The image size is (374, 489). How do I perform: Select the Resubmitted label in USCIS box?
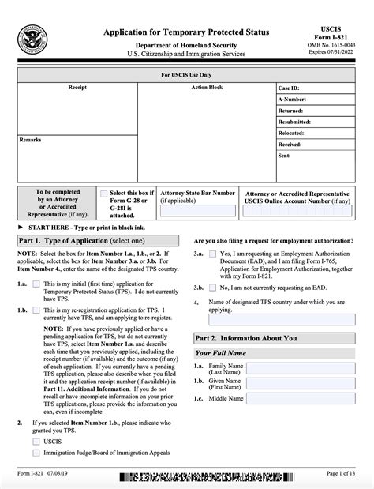[297, 122]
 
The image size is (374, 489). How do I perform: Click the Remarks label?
[31, 139]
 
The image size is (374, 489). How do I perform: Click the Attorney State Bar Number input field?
[197, 211]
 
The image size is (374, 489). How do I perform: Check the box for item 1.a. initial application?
[36, 292]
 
